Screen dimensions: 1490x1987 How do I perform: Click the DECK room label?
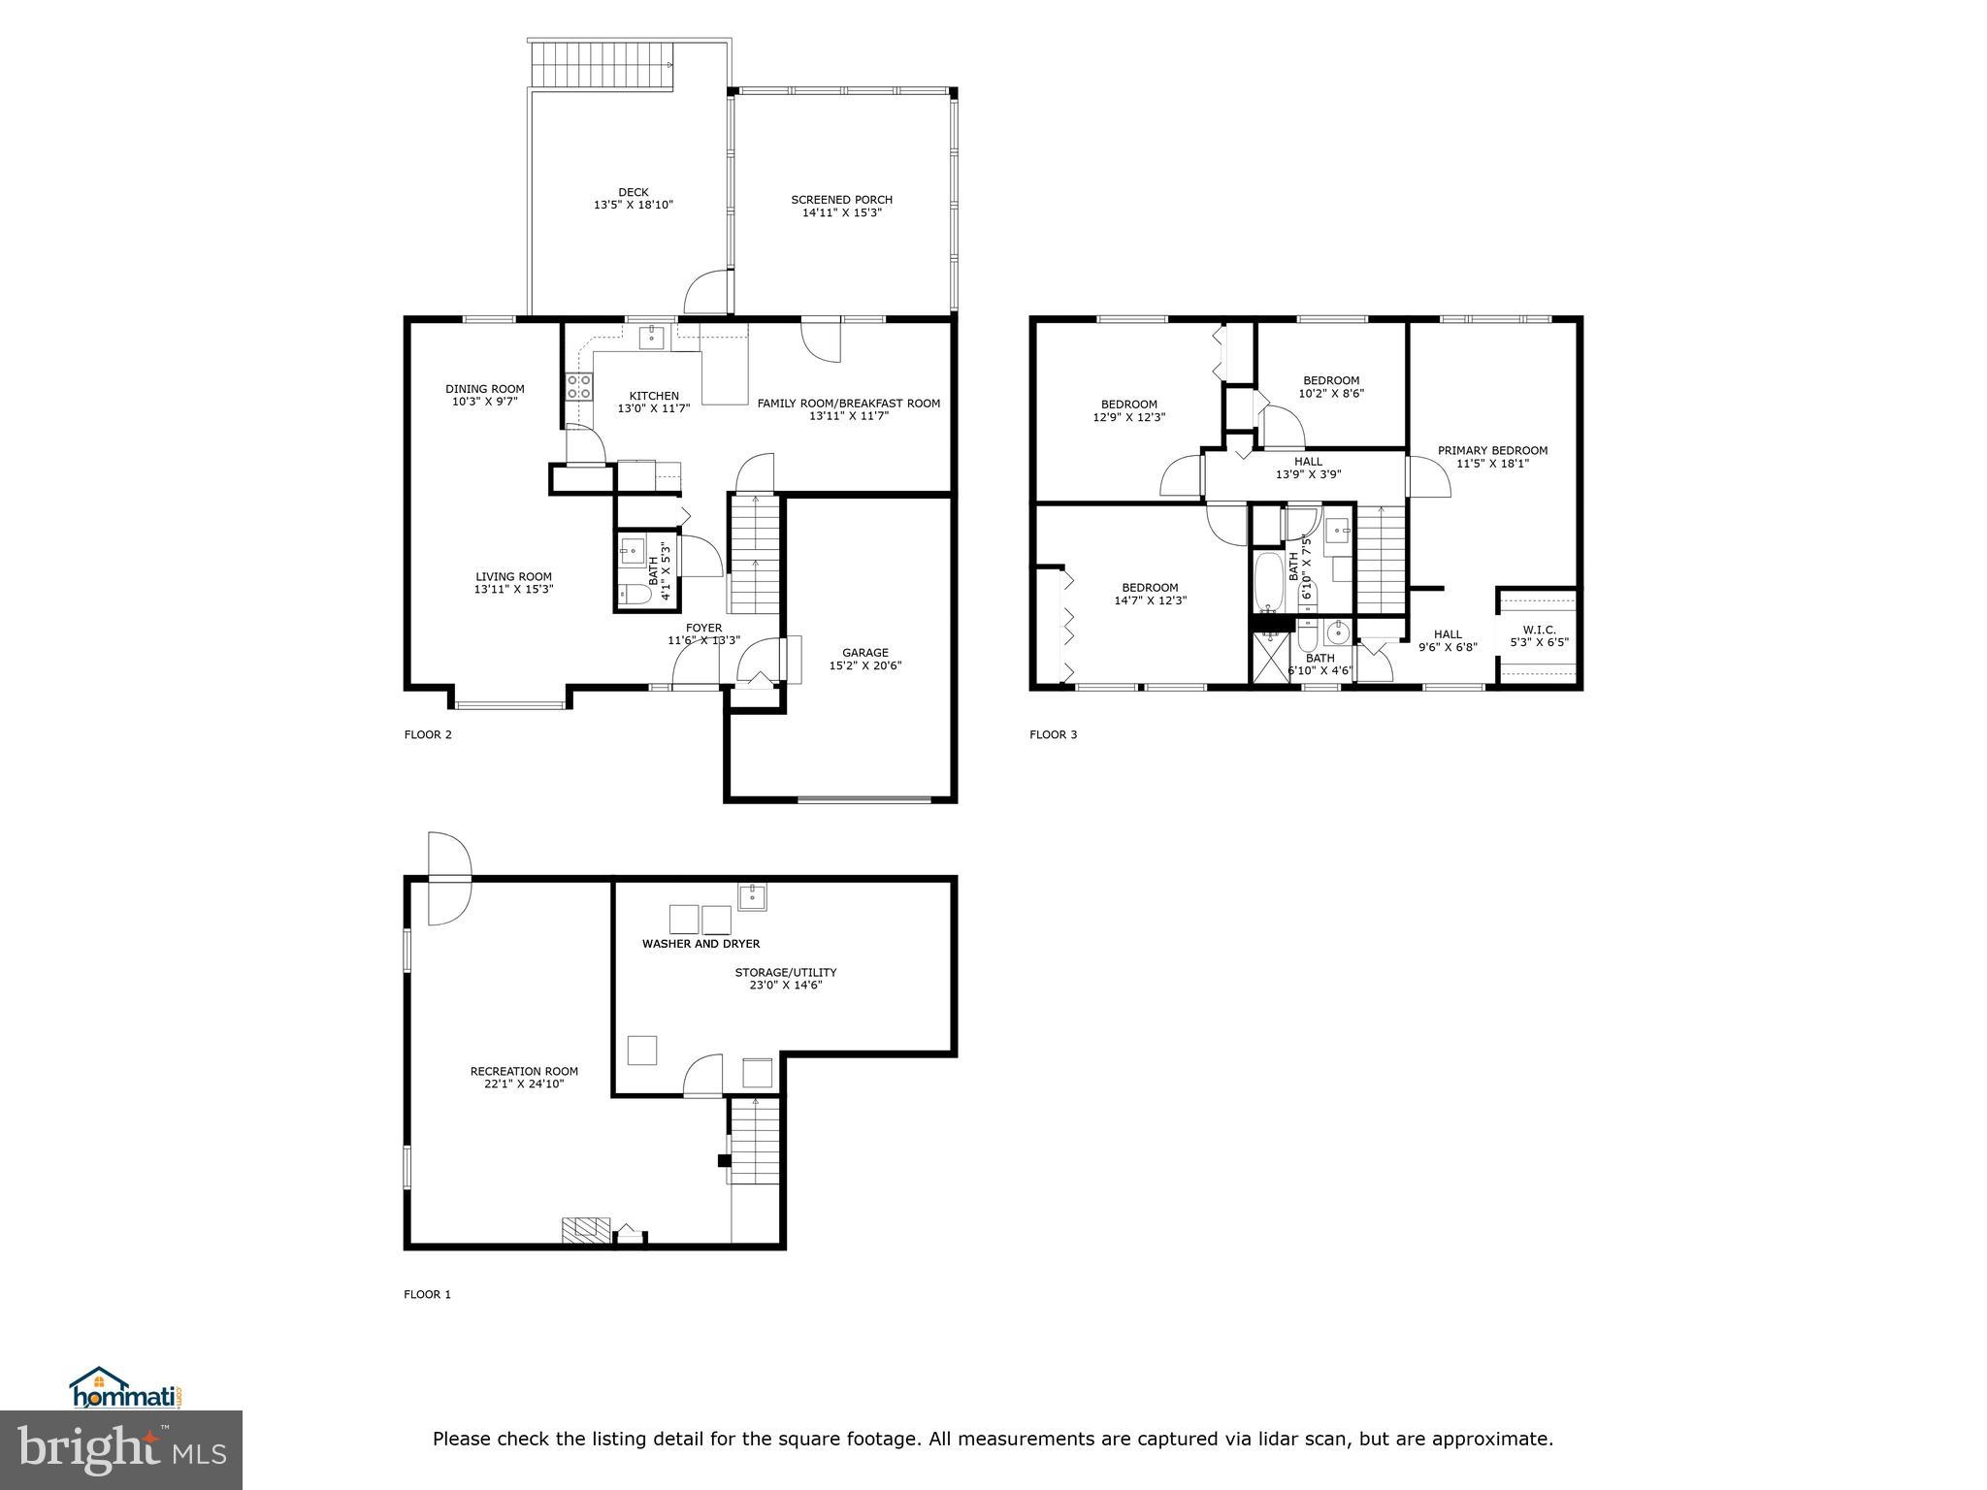click(x=633, y=192)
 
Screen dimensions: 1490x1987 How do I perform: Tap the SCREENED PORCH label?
click(x=841, y=200)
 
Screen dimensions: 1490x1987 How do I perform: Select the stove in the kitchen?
click(x=579, y=387)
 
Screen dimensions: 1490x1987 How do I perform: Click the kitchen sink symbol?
click(x=651, y=338)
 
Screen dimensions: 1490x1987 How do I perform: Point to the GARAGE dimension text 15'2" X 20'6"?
click(x=865, y=665)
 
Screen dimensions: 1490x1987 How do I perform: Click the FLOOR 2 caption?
click(x=428, y=734)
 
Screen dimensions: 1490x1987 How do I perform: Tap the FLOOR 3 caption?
click(x=1054, y=734)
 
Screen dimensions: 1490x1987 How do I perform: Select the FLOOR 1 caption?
click(x=428, y=1294)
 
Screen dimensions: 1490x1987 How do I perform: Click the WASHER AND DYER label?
click(x=700, y=944)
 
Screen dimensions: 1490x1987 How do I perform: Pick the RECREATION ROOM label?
click(x=524, y=1071)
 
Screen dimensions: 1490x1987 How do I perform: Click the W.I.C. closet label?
click(x=1539, y=630)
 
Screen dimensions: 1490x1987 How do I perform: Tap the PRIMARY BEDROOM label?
click(x=1492, y=450)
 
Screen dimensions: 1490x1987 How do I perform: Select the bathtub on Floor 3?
click(x=1268, y=582)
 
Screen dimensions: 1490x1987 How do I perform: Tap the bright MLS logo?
click(x=121, y=1449)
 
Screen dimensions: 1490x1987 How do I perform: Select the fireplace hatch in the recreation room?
click(x=585, y=1230)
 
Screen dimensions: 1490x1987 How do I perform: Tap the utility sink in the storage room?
click(x=752, y=895)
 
